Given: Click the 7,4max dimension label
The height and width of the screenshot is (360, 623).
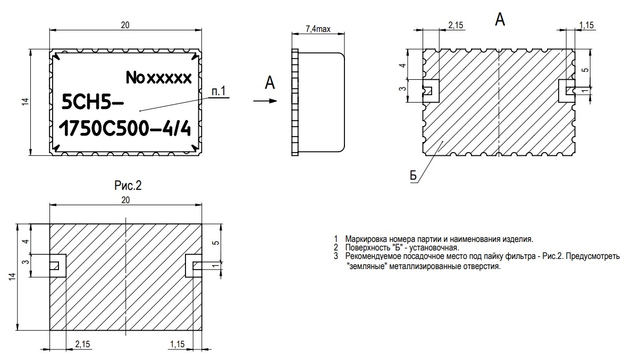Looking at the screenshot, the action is (x=318, y=29).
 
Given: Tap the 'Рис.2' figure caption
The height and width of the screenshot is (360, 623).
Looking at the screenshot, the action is (x=128, y=186).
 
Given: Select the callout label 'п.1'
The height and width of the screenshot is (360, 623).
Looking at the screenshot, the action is (x=218, y=91).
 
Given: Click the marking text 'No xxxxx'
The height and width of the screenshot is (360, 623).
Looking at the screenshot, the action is (x=159, y=78).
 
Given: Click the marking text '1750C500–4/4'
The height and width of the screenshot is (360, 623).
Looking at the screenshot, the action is (x=125, y=129).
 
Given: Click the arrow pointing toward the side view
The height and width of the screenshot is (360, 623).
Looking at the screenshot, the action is (x=265, y=101).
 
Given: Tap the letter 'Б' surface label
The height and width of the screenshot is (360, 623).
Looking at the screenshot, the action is (x=414, y=175).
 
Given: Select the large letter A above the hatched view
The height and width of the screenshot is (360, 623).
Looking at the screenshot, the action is (x=500, y=19).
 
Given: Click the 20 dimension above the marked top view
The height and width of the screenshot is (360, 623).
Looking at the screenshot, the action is (x=125, y=25).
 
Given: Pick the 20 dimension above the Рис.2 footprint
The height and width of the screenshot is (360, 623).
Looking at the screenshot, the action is (x=125, y=200).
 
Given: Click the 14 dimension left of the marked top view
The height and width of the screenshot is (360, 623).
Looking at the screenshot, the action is (x=26, y=102).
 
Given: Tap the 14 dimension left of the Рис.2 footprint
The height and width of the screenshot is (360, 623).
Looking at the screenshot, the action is (x=12, y=277).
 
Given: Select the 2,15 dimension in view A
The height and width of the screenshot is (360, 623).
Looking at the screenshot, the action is (x=456, y=25).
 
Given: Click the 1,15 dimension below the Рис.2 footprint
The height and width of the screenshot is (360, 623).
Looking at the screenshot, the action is (x=177, y=344).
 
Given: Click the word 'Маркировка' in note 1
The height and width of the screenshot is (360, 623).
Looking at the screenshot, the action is (x=365, y=239).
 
